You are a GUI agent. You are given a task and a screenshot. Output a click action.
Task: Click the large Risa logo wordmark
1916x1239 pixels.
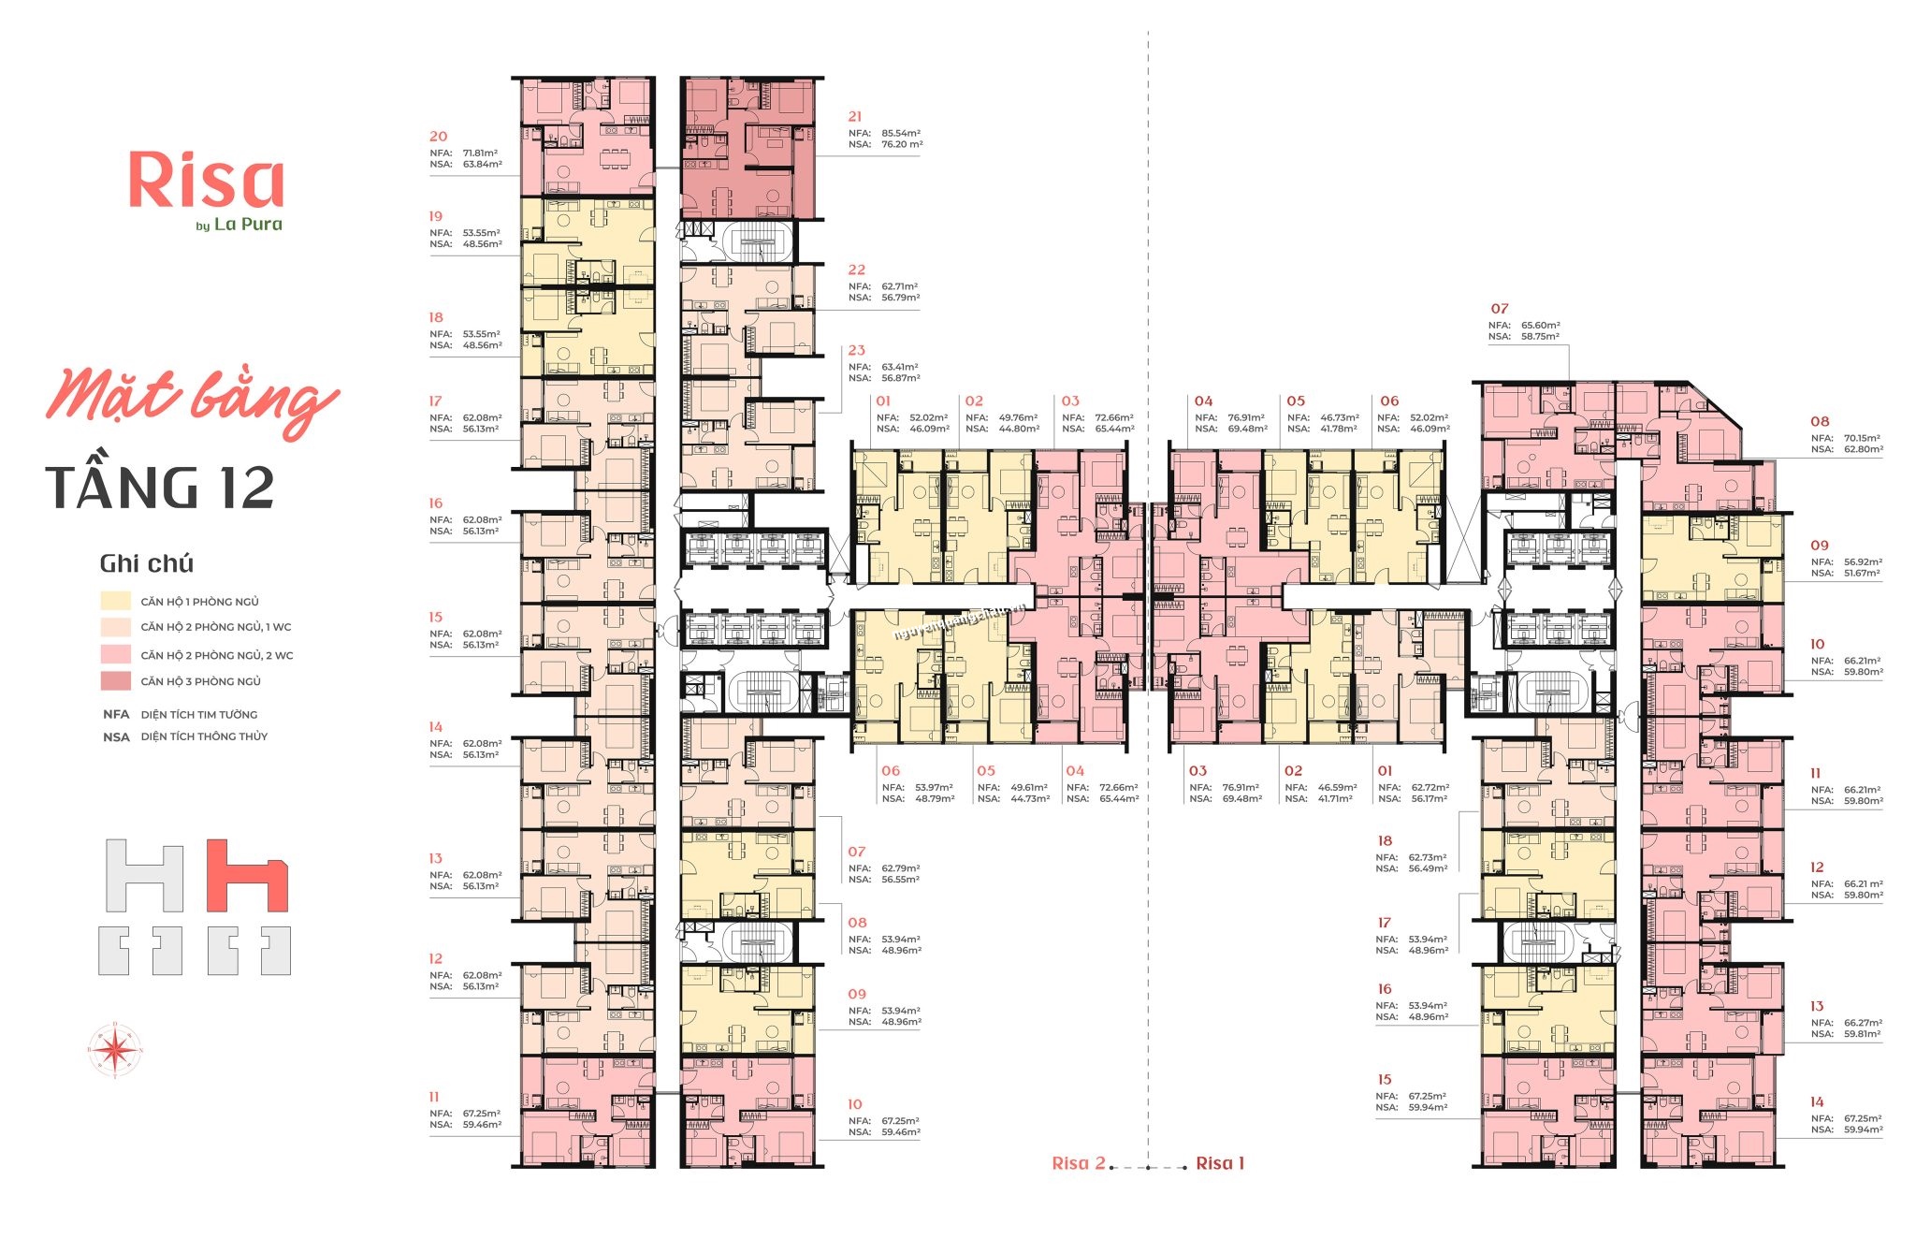point(206,181)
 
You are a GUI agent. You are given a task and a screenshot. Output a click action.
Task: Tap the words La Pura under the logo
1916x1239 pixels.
point(248,225)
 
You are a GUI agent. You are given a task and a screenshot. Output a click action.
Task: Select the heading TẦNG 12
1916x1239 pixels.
point(160,488)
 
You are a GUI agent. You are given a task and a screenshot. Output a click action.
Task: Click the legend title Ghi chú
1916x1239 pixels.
point(146,563)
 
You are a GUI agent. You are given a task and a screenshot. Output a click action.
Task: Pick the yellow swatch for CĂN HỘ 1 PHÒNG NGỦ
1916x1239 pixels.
point(116,601)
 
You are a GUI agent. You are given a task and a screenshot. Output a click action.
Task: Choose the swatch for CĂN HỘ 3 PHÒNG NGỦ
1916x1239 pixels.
point(116,681)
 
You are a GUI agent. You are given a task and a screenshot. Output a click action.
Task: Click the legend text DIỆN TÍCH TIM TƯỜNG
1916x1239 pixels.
point(198,714)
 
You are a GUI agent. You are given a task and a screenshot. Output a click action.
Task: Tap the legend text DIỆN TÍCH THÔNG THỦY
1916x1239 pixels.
point(204,736)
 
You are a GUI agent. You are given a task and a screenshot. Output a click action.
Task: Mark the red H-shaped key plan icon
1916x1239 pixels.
point(247,876)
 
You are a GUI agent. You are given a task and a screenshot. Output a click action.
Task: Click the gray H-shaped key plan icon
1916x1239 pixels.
point(144,876)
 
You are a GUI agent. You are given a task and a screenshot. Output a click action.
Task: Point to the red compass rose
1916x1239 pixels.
point(115,1049)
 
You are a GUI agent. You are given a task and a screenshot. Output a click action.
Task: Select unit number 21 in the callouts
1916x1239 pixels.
point(854,117)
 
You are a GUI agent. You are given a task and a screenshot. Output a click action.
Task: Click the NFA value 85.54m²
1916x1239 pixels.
point(900,134)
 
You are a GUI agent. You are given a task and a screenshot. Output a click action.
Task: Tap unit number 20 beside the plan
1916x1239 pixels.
point(438,137)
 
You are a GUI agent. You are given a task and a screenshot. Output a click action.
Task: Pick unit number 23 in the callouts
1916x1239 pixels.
point(856,351)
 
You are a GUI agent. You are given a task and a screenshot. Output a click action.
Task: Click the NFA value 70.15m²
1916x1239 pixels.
point(1863,438)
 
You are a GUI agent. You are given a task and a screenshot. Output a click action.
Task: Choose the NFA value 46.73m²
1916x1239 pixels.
point(1339,418)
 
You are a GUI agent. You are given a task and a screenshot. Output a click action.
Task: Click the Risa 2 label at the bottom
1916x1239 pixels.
point(1078,1163)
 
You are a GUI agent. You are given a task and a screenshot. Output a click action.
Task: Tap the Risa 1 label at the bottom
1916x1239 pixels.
point(1220,1163)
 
